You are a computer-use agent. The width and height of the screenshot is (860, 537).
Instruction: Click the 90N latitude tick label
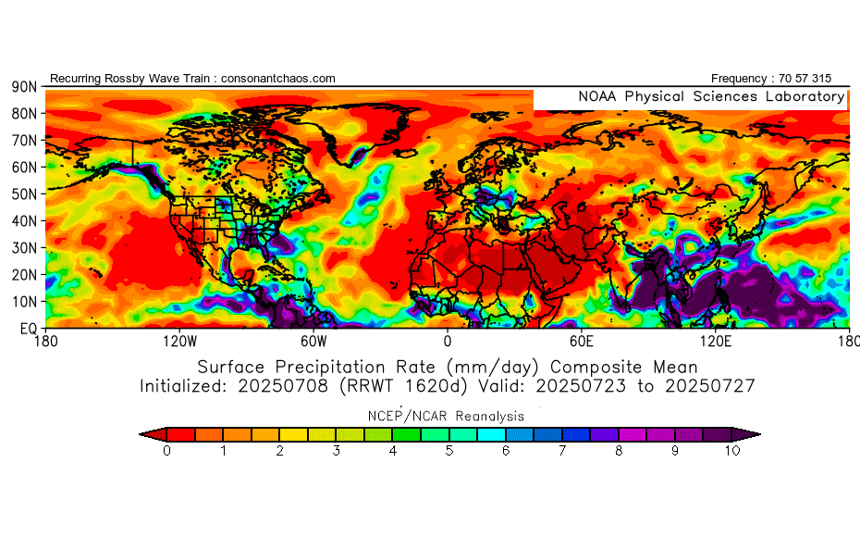tap(24, 86)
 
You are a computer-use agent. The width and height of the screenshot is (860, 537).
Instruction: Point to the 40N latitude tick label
tap(24, 220)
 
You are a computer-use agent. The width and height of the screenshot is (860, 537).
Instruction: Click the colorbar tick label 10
tap(732, 452)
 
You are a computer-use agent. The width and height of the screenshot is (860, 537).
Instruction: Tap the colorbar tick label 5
tap(449, 452)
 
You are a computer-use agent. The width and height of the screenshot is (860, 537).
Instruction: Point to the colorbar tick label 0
tap(166, 452)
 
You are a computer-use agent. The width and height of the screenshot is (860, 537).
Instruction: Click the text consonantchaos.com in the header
tap(278, 79)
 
